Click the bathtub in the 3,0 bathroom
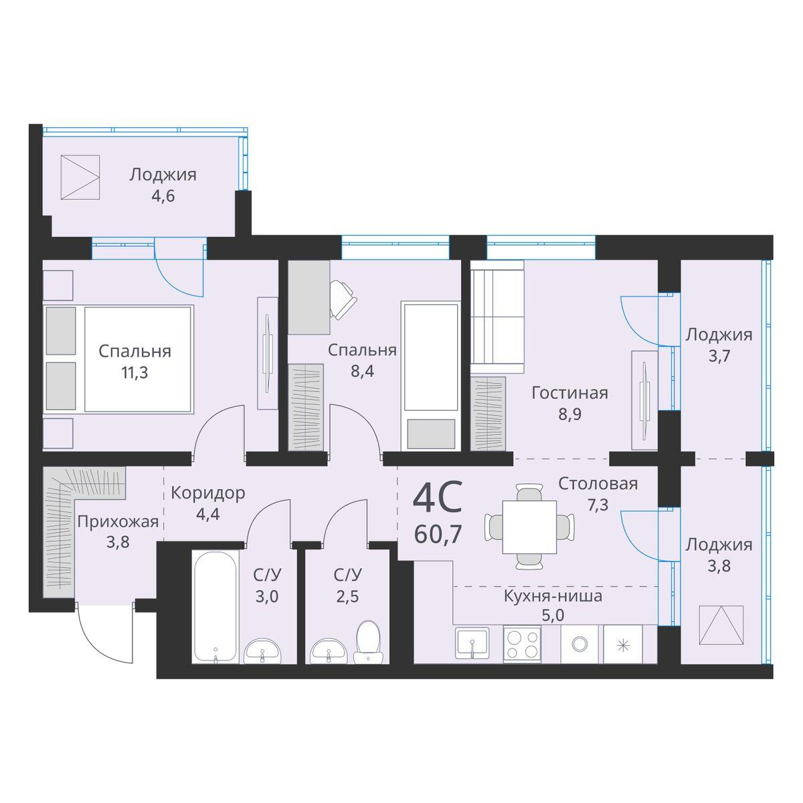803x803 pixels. click(x=214, y=606)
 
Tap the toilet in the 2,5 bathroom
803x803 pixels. click(x=366, y=642)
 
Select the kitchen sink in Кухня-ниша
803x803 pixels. click(x=474, y=644)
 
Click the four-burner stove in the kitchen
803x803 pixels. click(x=522, y=644)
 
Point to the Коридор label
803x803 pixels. click(x=207, y=493)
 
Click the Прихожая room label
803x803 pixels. click(x=118, y=522)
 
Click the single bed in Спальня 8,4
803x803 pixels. click(x=430, y=376)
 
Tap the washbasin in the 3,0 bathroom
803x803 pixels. click(x=263, y=650)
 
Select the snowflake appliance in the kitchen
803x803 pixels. click(x=622, y=644)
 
